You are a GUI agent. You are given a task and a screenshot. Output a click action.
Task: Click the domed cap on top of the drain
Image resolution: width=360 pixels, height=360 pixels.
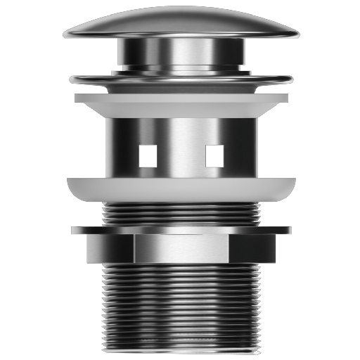coord(180,22)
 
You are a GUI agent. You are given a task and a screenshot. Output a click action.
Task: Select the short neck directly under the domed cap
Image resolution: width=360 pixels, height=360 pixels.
coord(180,53)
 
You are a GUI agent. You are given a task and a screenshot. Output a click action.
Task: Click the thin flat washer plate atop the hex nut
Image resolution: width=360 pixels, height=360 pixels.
coord(180,230)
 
